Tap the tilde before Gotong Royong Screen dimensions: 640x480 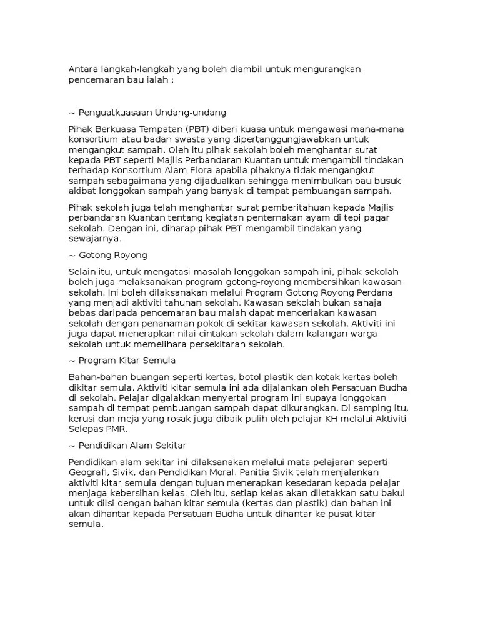72,256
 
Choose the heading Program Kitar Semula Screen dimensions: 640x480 127,361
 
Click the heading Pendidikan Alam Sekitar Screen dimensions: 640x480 132,445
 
